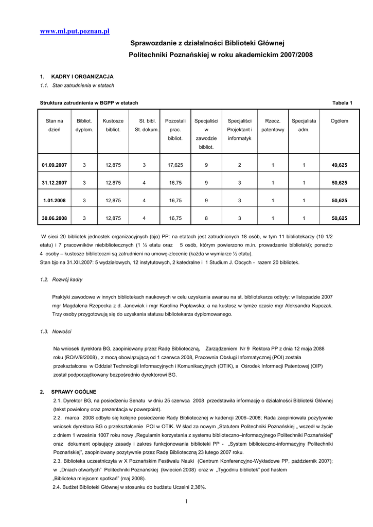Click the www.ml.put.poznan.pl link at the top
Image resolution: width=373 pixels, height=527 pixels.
tap(75, 31)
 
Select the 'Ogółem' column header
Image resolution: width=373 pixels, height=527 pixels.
tap(339, 121)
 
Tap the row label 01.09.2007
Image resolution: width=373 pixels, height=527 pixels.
tap(55, 165)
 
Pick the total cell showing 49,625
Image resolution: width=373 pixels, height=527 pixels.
tap(339, 165)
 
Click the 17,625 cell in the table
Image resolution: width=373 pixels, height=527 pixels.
tap(175, 165)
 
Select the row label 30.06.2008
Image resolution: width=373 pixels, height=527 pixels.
tap(55, 218)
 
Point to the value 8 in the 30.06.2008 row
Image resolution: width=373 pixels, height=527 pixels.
tap(206, 218)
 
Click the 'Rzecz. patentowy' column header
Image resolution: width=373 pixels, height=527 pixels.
tap(273, 126)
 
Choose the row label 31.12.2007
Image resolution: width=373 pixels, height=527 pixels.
tap(55, 183)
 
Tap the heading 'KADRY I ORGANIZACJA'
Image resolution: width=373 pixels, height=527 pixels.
tap(82, 77)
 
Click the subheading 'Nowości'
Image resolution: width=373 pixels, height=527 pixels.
tap(62, 331)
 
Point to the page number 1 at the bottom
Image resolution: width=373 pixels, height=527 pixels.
tap(187, 502)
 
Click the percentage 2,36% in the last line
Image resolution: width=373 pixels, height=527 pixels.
tap(198, 487)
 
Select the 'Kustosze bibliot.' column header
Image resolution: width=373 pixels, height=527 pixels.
tap(113, 126)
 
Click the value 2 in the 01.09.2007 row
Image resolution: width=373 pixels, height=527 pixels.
tap(240, 165)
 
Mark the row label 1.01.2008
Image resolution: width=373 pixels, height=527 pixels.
tap(55, 201)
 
